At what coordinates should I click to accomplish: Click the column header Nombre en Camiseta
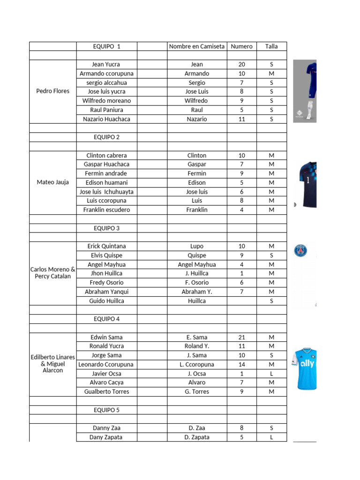click(197, 46)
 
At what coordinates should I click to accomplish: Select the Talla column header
click(271, 46)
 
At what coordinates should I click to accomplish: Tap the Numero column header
click(242, 46)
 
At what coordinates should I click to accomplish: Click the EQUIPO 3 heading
click(106, 228)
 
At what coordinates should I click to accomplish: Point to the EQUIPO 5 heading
click(106, 410)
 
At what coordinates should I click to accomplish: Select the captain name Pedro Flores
click(52, 91)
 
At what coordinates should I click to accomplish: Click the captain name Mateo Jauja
click(52, 182)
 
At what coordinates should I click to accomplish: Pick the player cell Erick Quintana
click(106, 246)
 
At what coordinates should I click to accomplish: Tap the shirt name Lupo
click(197, 246)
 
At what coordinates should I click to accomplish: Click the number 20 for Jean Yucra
click(242, 65)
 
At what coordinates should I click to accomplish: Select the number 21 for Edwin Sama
click(242, 337)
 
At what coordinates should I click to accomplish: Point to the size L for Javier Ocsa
click(271, 374)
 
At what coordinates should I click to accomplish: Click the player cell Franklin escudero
click(106, 210)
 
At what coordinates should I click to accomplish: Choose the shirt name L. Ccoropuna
click(197, 364)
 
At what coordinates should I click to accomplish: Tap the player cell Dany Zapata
click(106, 437)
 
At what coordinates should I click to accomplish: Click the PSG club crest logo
click(300, 251)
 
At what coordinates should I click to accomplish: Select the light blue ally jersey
click(305, 368)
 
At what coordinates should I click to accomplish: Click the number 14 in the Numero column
click(242, 364)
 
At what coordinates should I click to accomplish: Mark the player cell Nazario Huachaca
click(106, 119)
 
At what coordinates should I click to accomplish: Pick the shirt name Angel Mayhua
click(197, 264)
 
